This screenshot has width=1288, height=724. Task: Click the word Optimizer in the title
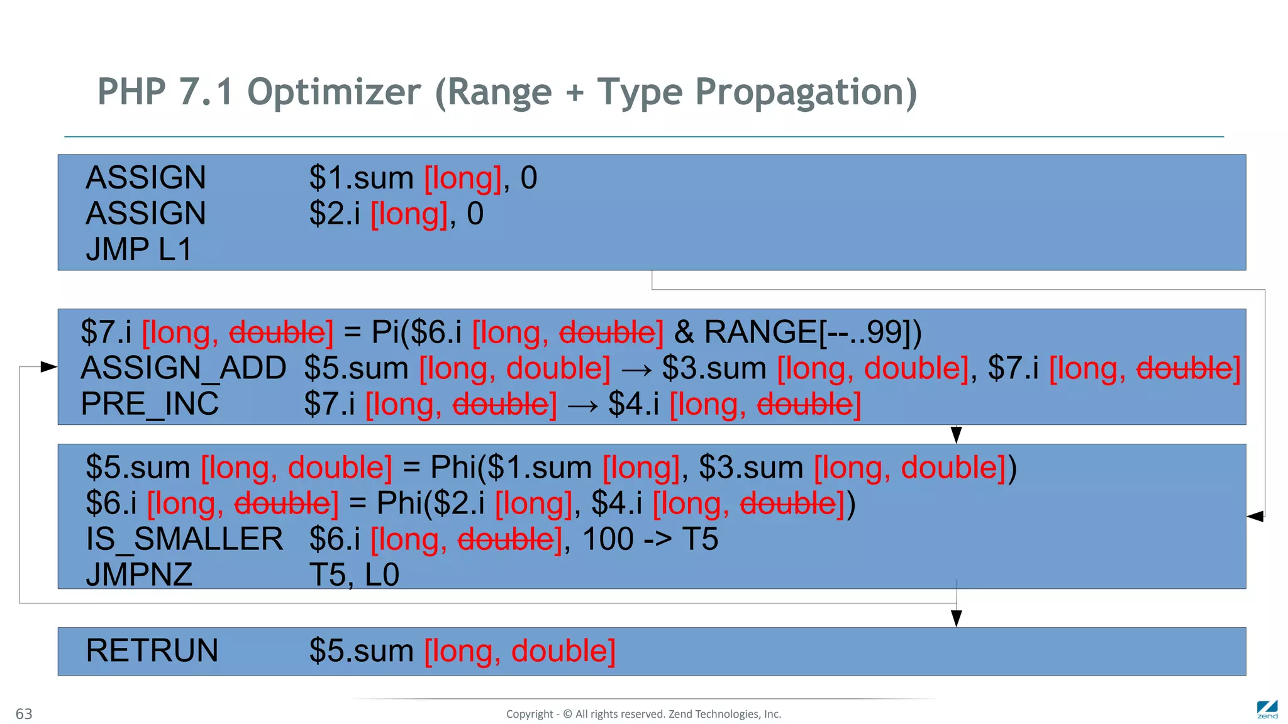click(x=333, y=92)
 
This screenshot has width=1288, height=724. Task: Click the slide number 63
click(x=24, y=714)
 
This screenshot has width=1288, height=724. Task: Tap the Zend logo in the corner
click(x=1267, y=709)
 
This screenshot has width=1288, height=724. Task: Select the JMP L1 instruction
click(x=138, y=250)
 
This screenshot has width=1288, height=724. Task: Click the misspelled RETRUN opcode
click(x=152, y=650)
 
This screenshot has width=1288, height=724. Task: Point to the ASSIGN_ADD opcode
click(x=183, y=368)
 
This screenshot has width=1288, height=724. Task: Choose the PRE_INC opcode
click(x=150, y=404)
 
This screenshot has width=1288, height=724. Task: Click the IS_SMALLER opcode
click(x=184, y=539)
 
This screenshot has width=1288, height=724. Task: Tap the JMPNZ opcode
click(x=139, y=575)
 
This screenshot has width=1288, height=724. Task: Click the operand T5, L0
click(x=354, y=575)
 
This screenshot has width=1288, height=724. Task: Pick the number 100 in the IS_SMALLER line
click(x=608, y=539)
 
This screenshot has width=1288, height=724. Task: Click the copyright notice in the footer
click(x=643, y=714)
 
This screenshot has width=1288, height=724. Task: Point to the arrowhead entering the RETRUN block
click(x=957, y=618)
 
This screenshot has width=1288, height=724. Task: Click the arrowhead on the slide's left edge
click(x=48, y=366)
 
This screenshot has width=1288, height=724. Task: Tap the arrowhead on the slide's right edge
click(x=1255, y=517)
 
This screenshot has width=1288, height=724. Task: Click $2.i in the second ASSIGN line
click(x=335, y=214)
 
